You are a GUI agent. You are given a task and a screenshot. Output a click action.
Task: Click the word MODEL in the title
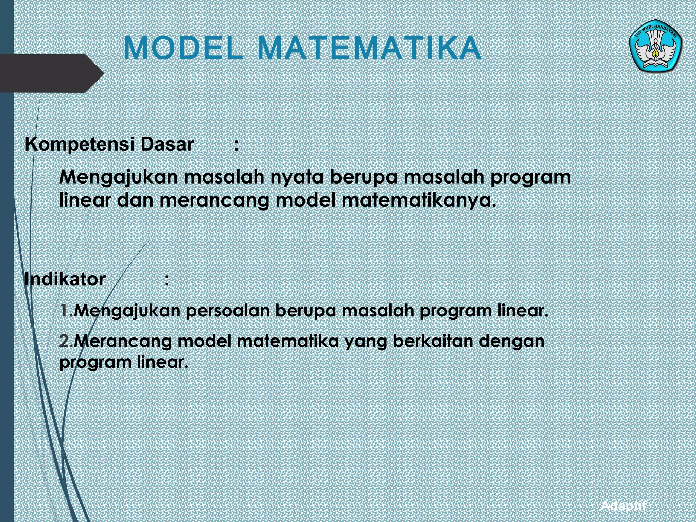point(183,48)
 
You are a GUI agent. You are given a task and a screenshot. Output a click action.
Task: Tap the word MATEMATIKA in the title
point(369,48)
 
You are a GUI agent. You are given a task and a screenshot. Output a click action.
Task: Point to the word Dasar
point(167,145)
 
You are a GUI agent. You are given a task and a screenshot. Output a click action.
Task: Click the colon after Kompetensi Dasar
point(236,145)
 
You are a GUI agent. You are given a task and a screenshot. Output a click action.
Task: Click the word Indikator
point(65,279)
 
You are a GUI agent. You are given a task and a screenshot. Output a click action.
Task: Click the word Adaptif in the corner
point(623,506)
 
